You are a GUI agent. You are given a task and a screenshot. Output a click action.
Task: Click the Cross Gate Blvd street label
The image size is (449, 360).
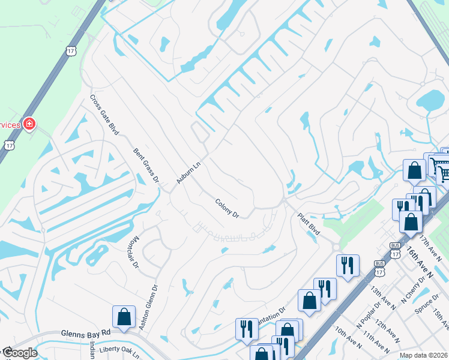(x=104, y=113)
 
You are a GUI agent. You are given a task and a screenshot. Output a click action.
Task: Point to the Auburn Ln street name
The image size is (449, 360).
(x=188, y=173)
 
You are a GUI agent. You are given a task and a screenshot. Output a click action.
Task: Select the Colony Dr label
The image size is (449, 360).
(x=228, y=208)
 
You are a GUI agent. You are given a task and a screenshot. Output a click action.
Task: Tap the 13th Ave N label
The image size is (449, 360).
(x=383, y=298)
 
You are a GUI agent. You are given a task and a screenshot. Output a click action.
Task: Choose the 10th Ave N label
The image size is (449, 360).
(x=348, y=338)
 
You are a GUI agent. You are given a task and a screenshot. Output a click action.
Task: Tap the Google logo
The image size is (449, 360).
(x=19, y=353)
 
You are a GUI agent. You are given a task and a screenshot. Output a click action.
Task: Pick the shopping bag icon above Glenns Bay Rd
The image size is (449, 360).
(x=124, y=316)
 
